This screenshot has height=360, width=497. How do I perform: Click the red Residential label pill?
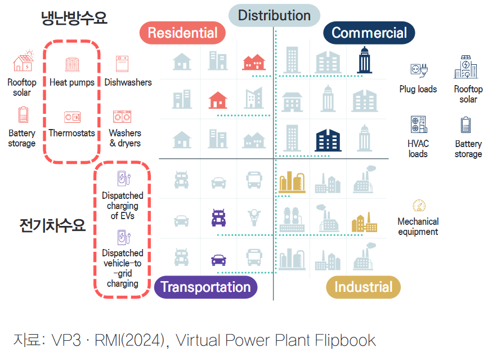coord(182,33)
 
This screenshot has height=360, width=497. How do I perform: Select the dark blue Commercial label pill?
coord(369,33)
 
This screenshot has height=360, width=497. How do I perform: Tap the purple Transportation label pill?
coord(205,287)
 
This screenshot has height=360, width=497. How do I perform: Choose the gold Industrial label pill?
coord(363,287)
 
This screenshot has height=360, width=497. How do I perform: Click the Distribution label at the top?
coord(274,16)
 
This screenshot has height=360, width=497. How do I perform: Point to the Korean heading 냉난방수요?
coord(74,18)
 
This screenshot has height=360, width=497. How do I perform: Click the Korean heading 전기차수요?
coord(52,226)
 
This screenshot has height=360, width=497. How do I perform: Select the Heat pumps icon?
coord(72,64)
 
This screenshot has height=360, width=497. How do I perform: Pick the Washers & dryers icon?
coord(122,117)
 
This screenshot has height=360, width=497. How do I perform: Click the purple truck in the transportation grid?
coord(218,217)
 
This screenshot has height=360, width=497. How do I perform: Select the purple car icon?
coord(218,260)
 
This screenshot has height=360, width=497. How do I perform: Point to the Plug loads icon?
coord(419,70)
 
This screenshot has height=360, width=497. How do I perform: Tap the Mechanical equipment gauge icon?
coord(419,206)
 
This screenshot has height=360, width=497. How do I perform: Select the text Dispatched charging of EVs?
coord(123,206)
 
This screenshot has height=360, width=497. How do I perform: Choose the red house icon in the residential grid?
coord(218,100)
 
